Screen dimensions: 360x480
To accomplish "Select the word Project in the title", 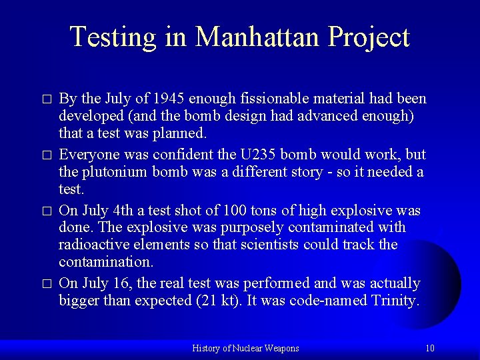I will click(x=368, y=38).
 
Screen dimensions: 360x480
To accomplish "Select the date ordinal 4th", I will click(x=124, y=211).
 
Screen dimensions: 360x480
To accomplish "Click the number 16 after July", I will click(x=121, y=283).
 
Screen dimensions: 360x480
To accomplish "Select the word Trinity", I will click(x=393, y=301).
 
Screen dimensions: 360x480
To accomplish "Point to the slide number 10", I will click(x=430, y=348).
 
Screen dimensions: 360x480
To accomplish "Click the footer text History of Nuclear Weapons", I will click(x=245, y=348).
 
